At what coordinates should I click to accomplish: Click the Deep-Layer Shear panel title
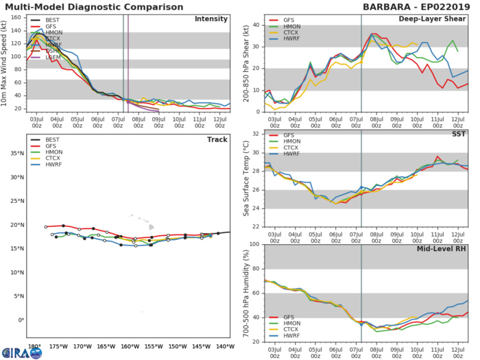436,19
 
